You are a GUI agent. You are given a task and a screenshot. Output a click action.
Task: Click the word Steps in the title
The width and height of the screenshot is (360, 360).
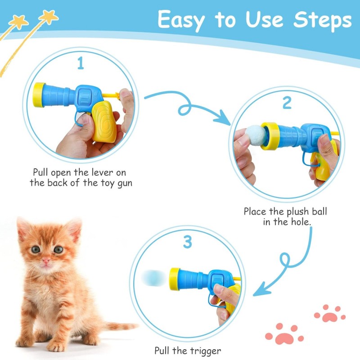[x=322, y=21]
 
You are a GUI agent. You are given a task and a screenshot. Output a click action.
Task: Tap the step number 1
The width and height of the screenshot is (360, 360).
[x=81, y=63]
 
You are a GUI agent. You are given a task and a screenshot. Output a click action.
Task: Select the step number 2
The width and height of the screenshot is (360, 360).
[x=287, y=103]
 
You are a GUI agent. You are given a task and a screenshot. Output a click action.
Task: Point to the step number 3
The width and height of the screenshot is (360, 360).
[x=188, y=242]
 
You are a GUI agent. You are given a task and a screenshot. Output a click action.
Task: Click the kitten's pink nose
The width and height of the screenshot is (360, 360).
[x=46, y=261]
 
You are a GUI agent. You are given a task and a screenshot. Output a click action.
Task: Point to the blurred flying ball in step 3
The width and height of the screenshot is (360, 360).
[x=153, y=278]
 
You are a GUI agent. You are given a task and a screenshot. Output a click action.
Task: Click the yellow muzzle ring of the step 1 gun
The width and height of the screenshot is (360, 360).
[x=39, y=95]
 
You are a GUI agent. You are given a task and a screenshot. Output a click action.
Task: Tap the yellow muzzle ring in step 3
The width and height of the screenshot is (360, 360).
[x=174, y=279]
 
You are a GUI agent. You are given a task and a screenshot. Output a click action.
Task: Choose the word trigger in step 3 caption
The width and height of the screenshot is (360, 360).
[x=205, y=351]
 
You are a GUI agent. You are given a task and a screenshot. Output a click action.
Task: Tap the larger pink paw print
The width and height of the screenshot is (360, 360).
[x=284, y=334]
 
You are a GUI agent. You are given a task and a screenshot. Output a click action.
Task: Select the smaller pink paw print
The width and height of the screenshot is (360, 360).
[x=330, y=314]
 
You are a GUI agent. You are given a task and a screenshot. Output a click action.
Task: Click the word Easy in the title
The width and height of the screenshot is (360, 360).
[x=181, y=21]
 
